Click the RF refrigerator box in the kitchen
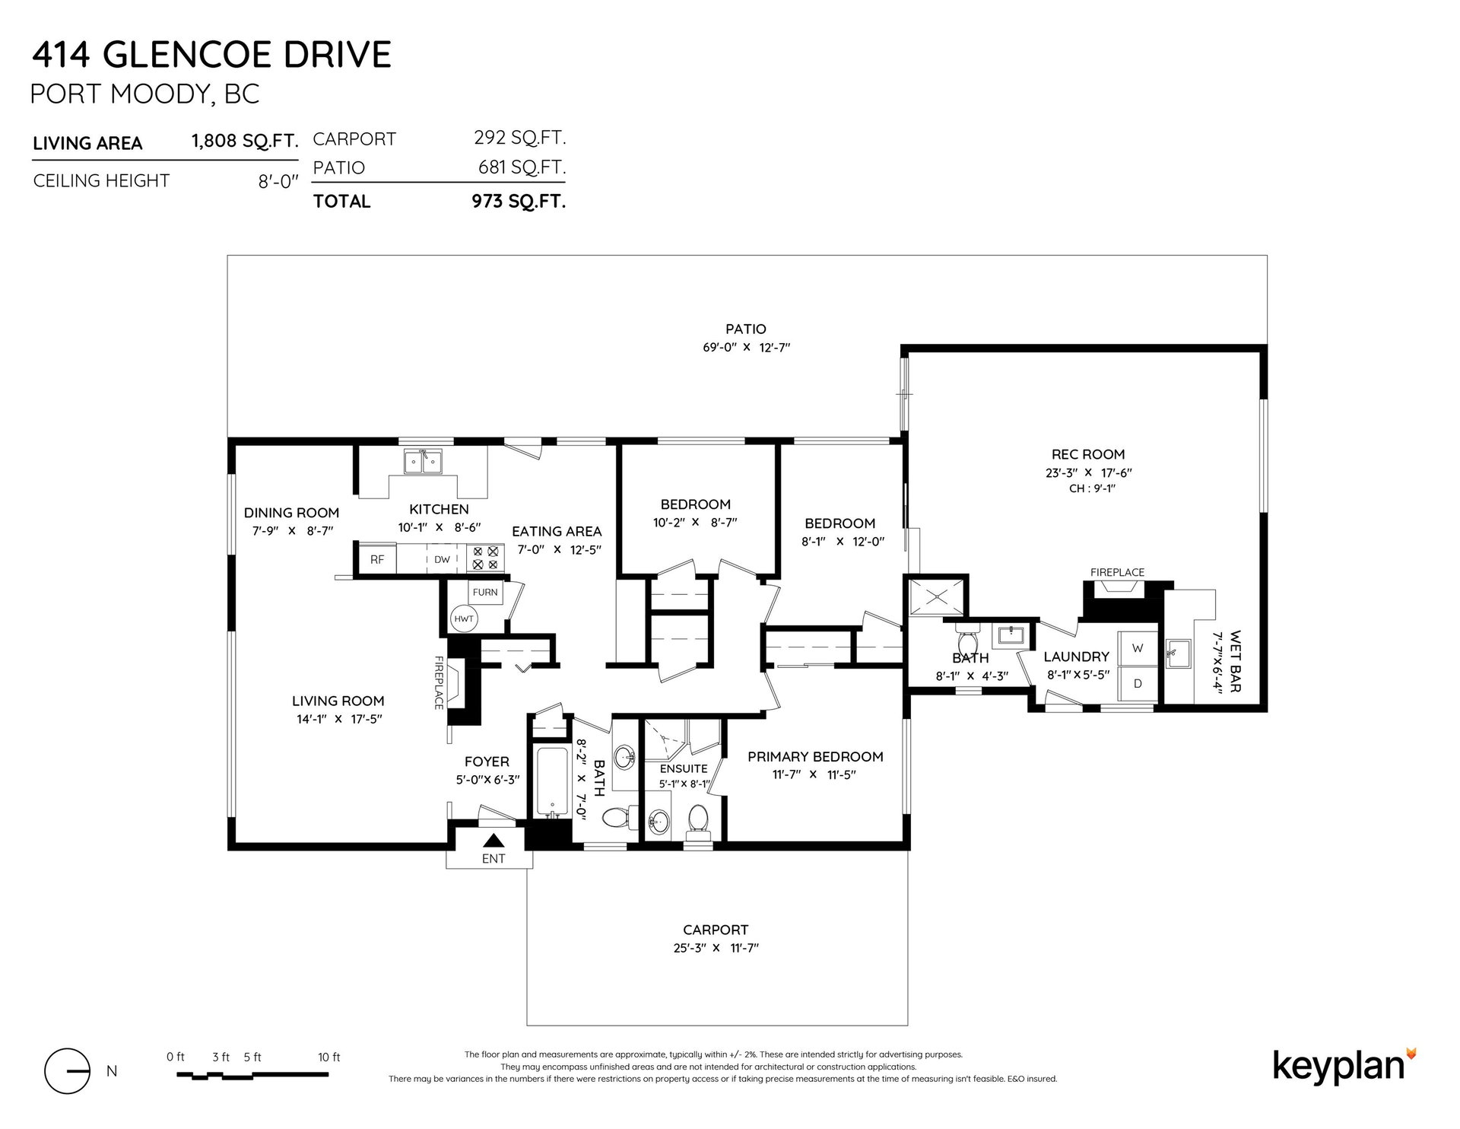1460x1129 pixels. (377, 558)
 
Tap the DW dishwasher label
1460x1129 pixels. (443, 559)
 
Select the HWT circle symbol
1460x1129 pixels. (464, 619)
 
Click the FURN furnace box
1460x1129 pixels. (485, 592)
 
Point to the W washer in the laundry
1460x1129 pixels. (1138, 648)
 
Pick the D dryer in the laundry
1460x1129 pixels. (1138, 683)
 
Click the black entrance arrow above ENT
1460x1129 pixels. (494, 841)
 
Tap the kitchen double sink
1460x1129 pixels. (424, 462)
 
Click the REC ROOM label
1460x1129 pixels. (1088, 454)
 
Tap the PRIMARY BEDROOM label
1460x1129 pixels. (815, 756)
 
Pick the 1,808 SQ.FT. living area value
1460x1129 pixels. (244, 142)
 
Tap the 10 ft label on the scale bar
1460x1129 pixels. (329, 1057)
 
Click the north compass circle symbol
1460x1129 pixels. (68, 1070)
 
